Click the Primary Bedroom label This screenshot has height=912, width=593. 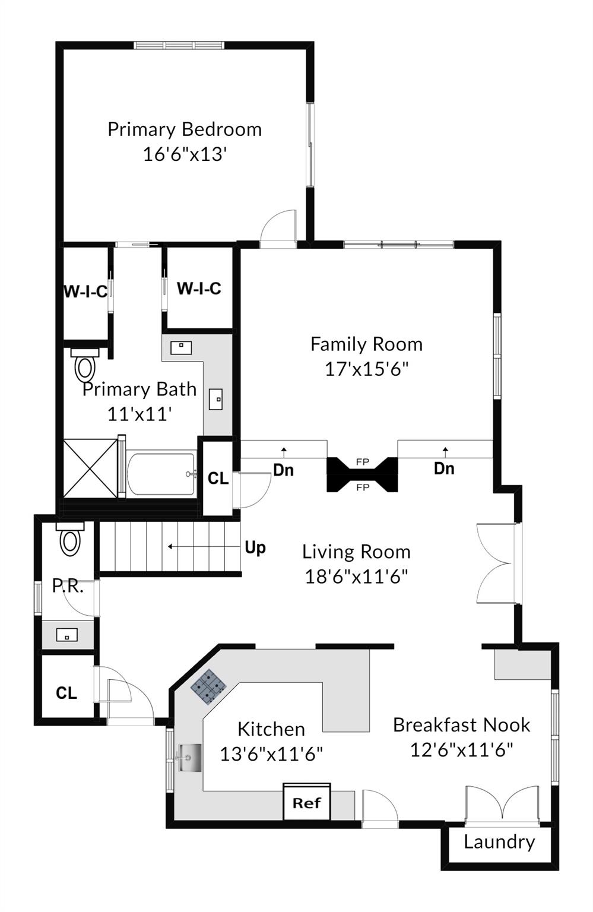tap(184, 129)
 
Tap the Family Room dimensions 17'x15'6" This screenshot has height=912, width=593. tap(366, 369)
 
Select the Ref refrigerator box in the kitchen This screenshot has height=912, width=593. tap(306, 803)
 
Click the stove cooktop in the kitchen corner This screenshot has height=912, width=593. tap(208, 686)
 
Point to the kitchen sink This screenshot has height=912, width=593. tap(189, 758)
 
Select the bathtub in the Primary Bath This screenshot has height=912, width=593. tap(161, 474)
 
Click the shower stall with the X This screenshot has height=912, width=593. tap(90, 467)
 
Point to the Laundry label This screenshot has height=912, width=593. tap(499, 842)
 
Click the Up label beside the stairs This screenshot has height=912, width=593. tap(255, 547)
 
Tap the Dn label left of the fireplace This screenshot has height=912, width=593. tap(283, 470)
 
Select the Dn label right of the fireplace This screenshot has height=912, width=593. tap(444, 468)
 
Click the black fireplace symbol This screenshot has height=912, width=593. tap(362, 474)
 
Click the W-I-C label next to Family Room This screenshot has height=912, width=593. tap(199, 289)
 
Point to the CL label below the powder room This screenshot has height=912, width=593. tap(66, 693)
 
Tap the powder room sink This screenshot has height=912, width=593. tap(66, 635)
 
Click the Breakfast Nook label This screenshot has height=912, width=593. tap(461, 725)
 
